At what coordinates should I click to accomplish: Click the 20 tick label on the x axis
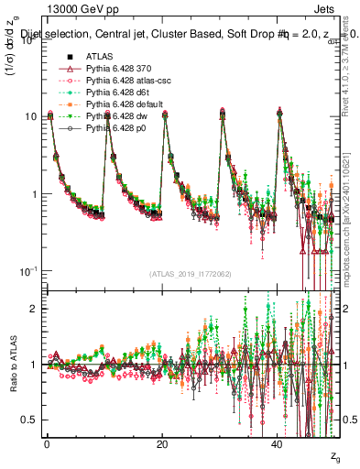pos(162,444)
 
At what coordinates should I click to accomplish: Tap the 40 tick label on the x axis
pos(278,444)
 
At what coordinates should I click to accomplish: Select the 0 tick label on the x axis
pos(47,444)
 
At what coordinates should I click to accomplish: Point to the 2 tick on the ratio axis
pos(36,308)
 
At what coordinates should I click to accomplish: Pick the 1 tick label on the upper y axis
pos(35,194)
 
